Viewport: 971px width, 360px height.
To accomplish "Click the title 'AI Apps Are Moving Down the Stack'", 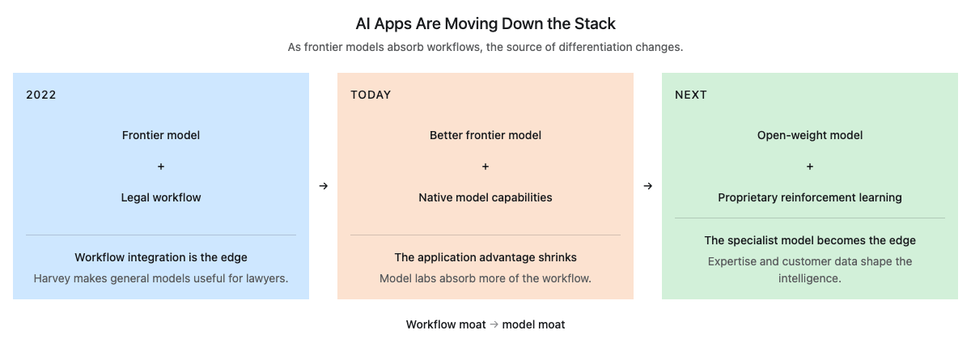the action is [485, 23].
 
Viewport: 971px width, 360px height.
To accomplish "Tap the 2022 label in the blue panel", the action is [41, 95].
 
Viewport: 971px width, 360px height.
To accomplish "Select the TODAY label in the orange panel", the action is [371, 95].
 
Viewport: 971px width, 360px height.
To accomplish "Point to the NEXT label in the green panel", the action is [690, 95].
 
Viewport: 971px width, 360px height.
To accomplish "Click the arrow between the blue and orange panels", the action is [324, 186].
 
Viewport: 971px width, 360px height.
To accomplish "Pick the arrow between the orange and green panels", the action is [647, 186].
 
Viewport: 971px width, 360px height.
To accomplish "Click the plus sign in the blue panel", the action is [161, 167].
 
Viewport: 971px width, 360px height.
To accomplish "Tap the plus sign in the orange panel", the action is [485, 167].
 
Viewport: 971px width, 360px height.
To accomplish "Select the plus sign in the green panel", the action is [810, 167].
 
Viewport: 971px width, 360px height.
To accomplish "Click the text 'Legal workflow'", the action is [161, 197].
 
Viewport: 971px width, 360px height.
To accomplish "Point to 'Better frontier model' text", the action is [485, 135].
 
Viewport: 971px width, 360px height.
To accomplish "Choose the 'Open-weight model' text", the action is [810, 135].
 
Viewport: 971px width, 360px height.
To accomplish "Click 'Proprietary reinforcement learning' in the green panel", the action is [810, 197].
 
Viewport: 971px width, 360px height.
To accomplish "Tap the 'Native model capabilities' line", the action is [485, 197].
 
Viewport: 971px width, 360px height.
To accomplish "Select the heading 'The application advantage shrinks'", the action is [485, 257].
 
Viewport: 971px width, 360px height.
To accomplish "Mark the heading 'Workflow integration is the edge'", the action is [161, 257].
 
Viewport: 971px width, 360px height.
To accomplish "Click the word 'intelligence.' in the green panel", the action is [810, 278].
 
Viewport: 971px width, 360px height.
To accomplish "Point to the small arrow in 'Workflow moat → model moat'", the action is [494, 324].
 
